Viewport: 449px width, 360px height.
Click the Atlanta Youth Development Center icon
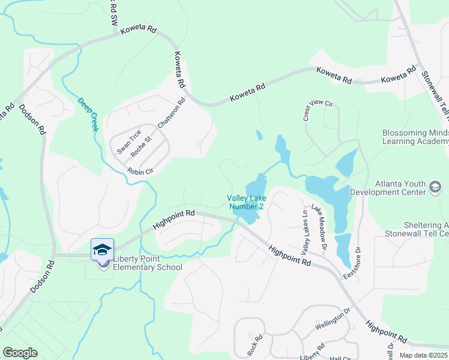[x=435, y=188]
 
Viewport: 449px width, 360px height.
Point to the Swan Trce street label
[x=128, y=142]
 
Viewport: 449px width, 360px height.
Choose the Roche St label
[x=143, y=146]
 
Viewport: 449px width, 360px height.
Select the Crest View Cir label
[x=318, y=110]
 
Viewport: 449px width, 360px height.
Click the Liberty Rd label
[x=312, y=351]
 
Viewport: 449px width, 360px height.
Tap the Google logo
[x=20, y=352]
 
